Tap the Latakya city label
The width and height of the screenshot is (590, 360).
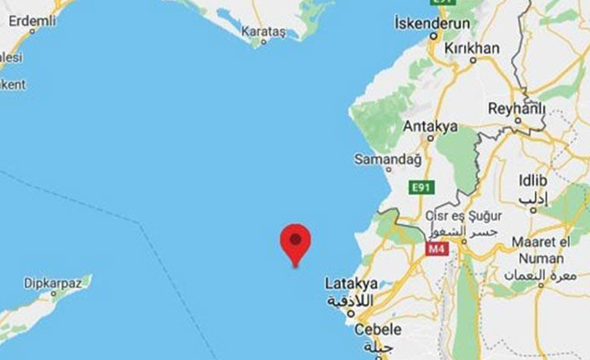[x=351, y=284]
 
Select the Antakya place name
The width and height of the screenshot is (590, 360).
[x=430, y=126]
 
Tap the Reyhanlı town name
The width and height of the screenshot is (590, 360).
[x=516, y=109]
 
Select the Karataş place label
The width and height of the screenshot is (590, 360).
[x=263, y=32]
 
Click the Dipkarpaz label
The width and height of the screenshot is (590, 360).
[x=53, y=283]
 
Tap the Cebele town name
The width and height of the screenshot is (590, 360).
[x=379, y=329]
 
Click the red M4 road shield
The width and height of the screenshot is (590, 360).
[x=437, y=248]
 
